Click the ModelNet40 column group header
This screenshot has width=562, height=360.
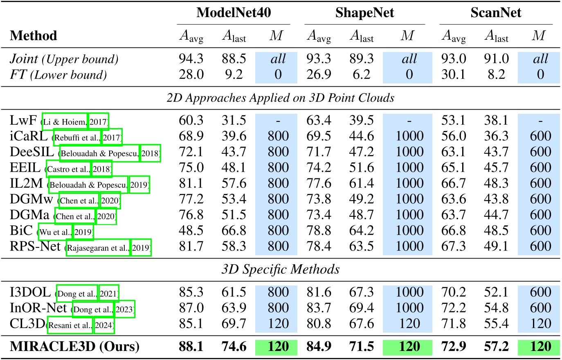point(234,13)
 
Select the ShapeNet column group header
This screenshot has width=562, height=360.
point(364,13)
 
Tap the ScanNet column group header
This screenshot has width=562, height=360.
point(496,13)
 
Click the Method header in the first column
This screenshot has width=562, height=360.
point(34,36)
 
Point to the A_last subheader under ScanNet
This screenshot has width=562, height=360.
point(496,36)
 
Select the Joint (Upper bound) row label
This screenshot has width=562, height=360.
point(64,59)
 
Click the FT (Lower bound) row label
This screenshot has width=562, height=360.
point(58,74)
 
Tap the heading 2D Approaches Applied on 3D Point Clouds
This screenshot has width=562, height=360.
point(281,98)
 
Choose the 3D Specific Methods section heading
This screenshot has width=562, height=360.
point(281,269)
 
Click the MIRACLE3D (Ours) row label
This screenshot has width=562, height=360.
point(74,346)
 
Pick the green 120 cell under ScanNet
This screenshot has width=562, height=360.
point(540,346)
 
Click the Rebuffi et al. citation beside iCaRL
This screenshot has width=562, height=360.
point(77,138)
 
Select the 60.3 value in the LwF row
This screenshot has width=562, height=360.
point(191,120)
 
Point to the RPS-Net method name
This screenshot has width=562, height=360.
point(35,246)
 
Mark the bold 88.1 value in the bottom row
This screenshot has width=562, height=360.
point(191,346)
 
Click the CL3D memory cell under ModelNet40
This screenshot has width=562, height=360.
point(278,323)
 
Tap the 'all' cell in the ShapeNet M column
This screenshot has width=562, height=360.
point(409,59)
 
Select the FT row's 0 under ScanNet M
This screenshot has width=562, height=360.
point(540,74)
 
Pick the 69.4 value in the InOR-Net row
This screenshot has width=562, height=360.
point(362,308)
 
